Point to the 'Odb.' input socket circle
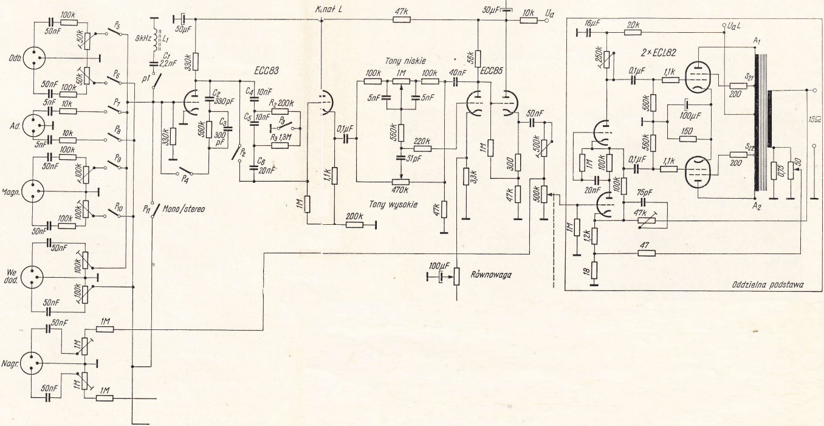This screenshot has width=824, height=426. (x=35, y=59)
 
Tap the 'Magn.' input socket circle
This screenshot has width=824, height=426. (x=35, y=192)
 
